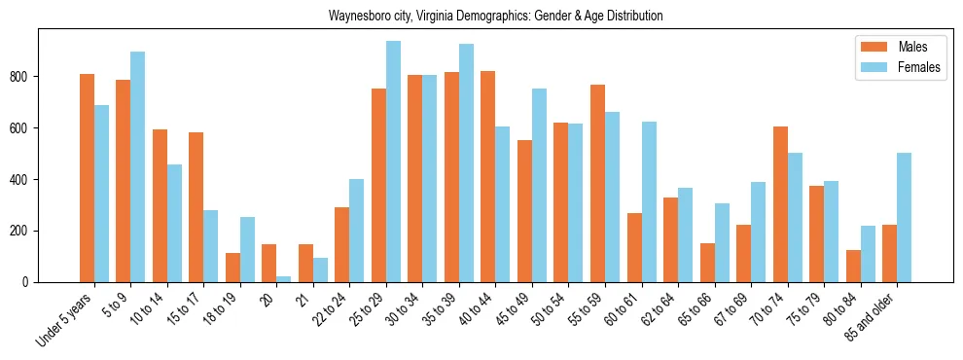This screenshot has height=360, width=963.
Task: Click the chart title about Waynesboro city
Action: tap(496, 17)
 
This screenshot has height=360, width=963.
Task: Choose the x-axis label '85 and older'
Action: tap(872, 316)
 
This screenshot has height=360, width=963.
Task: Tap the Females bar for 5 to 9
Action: tap(137, 166)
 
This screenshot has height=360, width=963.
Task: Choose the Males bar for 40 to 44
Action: tap(488, 176)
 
